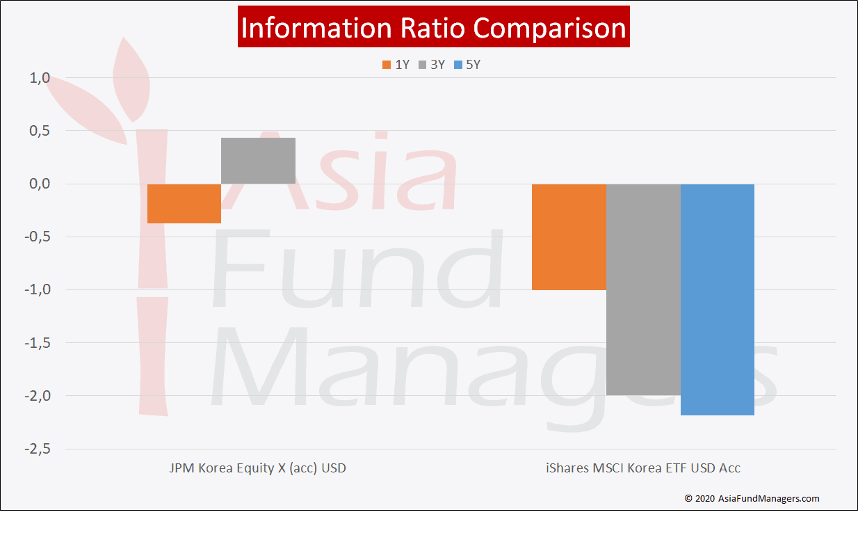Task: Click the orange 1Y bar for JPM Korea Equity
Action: [x=184, y=204]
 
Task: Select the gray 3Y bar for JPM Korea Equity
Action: [x=258, y=161]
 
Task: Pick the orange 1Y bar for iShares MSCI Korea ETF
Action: [x=569, y=237]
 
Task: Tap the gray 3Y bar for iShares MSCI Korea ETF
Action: [x=644, y=289]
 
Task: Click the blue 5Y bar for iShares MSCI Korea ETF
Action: [x=718, y=300]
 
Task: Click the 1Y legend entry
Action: [x=396, y=65]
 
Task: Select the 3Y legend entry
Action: [x=432, y=65]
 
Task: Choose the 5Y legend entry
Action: [x=467, y=65]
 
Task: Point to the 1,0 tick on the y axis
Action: [x=40, y=78]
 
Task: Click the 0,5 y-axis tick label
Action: [x=40, y=131]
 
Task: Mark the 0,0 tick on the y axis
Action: [x=40, y=184]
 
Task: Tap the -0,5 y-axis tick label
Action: [x=37, y=237]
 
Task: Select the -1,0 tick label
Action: [x=37, y=289]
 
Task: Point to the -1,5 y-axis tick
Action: [x=37, y=343]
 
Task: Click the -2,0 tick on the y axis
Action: [x=37, y=396]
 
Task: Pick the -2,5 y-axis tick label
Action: [x=37, y=449]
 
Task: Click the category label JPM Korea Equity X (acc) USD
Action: [x=258, y=468]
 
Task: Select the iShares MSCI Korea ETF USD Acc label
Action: [x=643, y=468]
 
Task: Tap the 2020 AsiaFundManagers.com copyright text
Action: [x=752, y=498]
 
